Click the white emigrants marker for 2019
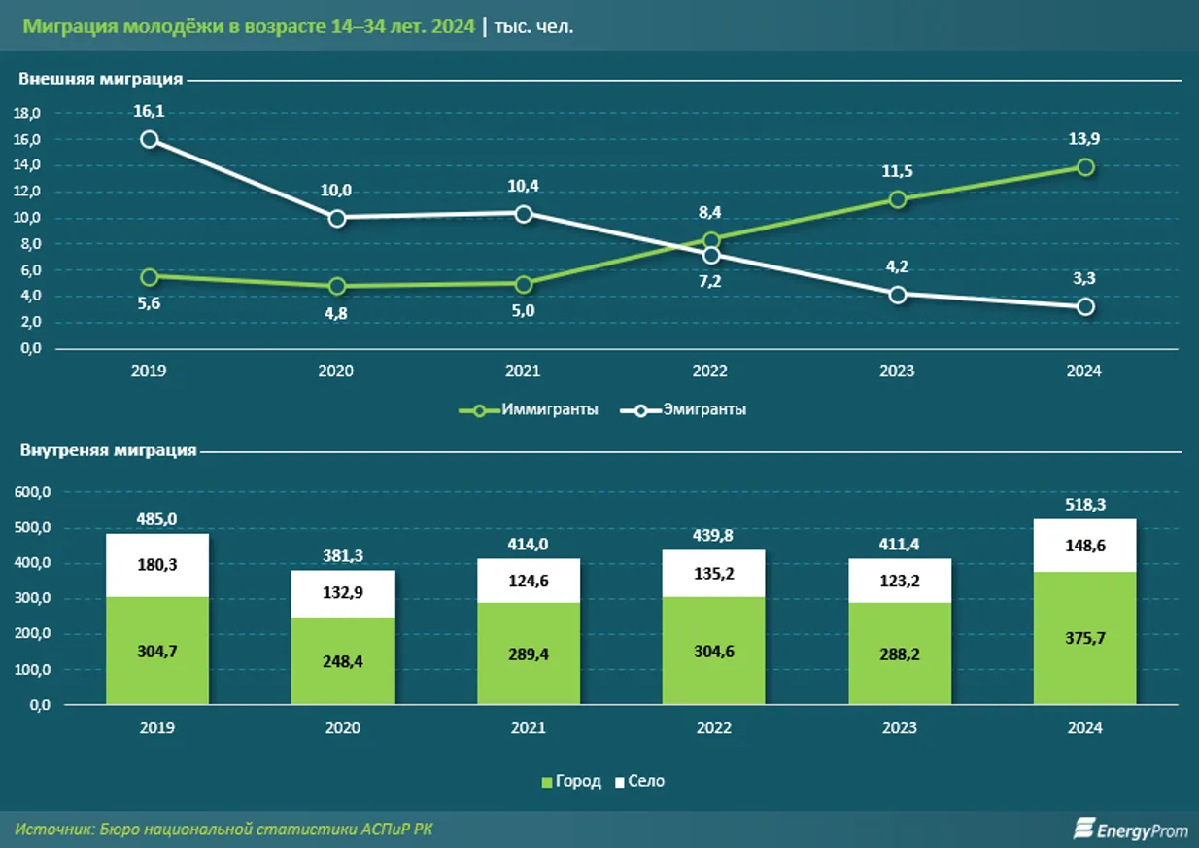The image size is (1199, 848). tap(149, 139)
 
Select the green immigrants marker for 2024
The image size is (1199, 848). tap(1085, 167)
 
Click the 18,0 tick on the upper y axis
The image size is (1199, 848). tap(27, 114)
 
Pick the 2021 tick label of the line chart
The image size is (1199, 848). tap(524, 371)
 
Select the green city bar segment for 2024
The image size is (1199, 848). tap(1085, 638)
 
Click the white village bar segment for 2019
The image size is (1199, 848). tap(157, 565)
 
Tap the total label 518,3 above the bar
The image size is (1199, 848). tap(1085, 505)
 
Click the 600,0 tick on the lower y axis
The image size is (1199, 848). tap(33, 493)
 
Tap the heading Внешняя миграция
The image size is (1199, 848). tap(101, 80)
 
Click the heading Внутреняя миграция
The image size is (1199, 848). tap(108, 450)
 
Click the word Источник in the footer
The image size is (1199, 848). tap(53, 830)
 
